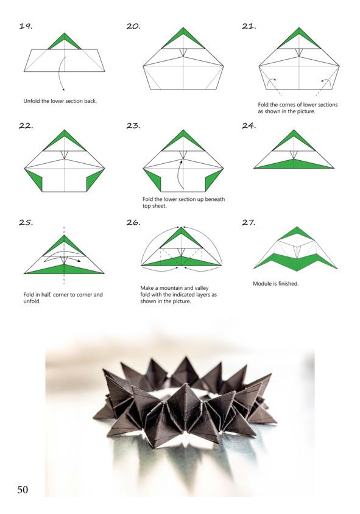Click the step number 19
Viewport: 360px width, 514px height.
tap(26, 26)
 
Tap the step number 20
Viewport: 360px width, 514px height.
tap(133, 26)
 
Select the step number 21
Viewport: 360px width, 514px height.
tap(249, 26)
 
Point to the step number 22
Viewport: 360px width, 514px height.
tap(26, 125)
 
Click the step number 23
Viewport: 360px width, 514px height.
tap(133, 125)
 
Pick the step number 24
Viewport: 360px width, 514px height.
tap(249, 125)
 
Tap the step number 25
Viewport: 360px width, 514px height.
tap(26, 222)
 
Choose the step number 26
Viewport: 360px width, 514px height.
tap(133, 222)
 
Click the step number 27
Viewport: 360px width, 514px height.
tap(249, 222)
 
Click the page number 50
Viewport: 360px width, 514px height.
tap(23, 490)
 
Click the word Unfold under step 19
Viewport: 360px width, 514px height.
tap(32, 101)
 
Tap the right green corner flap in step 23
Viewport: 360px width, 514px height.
tap(214, 180)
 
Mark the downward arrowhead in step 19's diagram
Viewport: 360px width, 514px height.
tap(63, 89)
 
